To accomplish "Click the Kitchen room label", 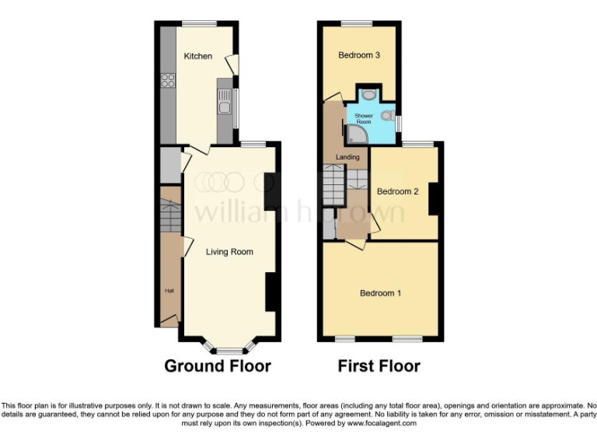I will pos(197,56).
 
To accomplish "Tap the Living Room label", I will pos(229,252).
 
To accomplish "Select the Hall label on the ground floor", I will pos(169,291).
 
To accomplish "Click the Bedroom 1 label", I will pos(380,293).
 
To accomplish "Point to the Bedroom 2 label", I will pos(398,191).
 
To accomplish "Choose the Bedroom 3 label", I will pos(358,55).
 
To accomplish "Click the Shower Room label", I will pos(365,119).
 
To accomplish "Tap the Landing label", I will pos(347,157).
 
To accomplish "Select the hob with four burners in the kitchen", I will pos(167,80).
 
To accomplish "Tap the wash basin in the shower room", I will pos(369,94).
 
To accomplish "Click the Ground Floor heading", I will pos(217,366).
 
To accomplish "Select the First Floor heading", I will pos(379,366).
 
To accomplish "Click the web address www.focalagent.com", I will pos(381,424).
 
